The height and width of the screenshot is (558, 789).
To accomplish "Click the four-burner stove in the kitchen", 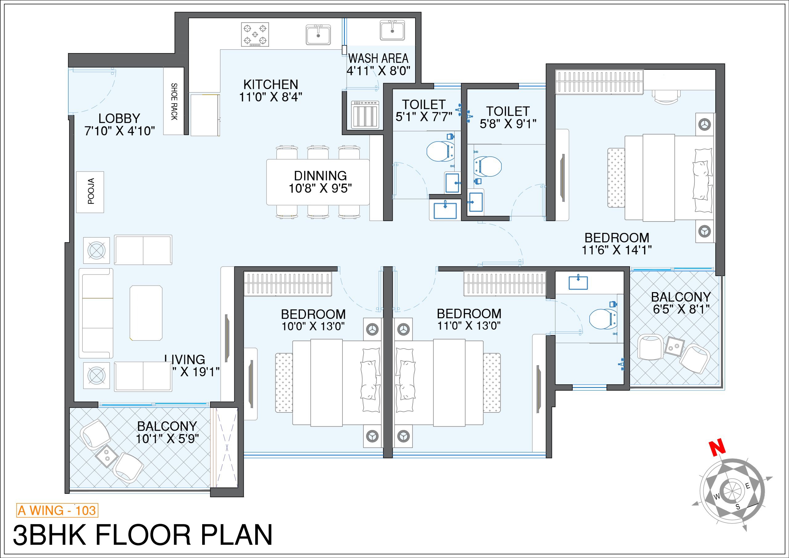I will [x=255, y=35].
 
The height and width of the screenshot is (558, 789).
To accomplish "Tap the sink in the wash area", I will [x=392, y=30].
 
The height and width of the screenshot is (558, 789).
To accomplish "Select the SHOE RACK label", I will [x=174, y=101].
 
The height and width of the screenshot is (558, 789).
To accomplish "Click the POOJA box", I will [x=90, y=192].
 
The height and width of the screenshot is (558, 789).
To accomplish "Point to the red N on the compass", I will [x=717, y=448].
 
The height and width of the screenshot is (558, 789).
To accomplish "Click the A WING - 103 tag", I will [x=57, y=510].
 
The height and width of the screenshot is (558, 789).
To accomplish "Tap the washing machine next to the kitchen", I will [x=365, y=114].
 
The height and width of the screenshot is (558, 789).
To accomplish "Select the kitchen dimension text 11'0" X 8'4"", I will [x=270, y=97].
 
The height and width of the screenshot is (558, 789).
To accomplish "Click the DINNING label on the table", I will [x=320, y=176].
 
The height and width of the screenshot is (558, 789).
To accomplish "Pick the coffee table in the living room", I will [x=146, y=313].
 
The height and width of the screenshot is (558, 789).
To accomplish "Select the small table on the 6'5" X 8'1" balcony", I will [x=674, y=346].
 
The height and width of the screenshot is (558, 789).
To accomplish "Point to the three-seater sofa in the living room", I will [x=96, y=313].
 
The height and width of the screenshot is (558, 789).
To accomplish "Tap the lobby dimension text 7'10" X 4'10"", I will [x=120, y=131].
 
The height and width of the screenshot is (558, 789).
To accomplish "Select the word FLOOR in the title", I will [x=143, y=535].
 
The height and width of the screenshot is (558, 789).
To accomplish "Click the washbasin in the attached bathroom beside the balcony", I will [x=578, y=283].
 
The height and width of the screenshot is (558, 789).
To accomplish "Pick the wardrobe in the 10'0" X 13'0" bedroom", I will [x=288, y=284].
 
